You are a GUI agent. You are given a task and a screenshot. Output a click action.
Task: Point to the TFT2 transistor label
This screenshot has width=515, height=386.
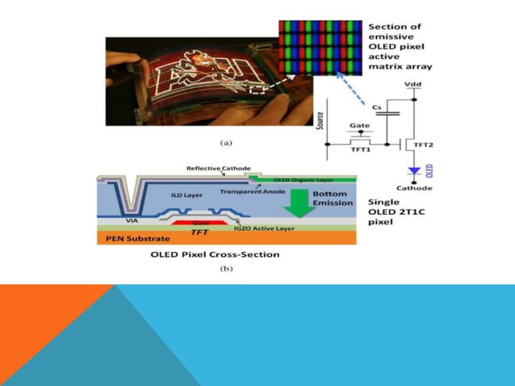pos(424,145)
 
